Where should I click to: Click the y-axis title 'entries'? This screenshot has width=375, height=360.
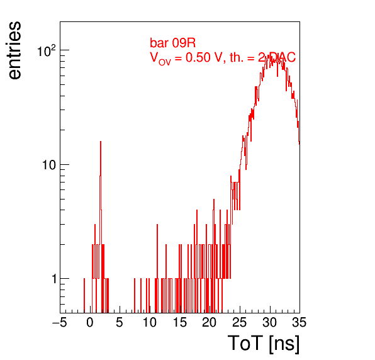tap(15, 50)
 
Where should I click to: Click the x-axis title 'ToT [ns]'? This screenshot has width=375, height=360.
tap(264, 343)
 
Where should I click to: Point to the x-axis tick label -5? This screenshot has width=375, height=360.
tap(60, 323)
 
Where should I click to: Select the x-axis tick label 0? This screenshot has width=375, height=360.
tap(90, 323)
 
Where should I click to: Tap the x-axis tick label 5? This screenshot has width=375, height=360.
tap(120, 323)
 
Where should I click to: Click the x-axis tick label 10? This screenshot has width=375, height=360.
tap(150, 323)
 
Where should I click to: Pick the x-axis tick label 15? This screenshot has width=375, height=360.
tap(179, 323)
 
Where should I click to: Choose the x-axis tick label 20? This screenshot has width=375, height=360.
tap(210, 323)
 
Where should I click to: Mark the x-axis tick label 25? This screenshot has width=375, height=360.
tap(239, 323)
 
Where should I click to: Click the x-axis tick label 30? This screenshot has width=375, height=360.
tap(269, 323)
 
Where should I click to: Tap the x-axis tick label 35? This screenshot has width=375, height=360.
tap(299, 323)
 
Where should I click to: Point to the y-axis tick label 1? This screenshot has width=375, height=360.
tap(54, 279)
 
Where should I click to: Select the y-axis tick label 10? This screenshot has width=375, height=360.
tap(49, 165)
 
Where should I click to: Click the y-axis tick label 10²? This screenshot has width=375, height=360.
tap(47, 50)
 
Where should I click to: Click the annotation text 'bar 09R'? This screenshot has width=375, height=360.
tap(172, 43)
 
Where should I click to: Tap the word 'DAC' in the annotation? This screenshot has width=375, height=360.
tap(283, 57)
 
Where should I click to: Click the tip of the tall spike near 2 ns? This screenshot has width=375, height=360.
tap(101, 142)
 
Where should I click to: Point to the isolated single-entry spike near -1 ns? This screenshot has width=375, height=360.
tap(84, 296)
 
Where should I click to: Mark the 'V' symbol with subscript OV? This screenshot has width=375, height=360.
tap(160, 59)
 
